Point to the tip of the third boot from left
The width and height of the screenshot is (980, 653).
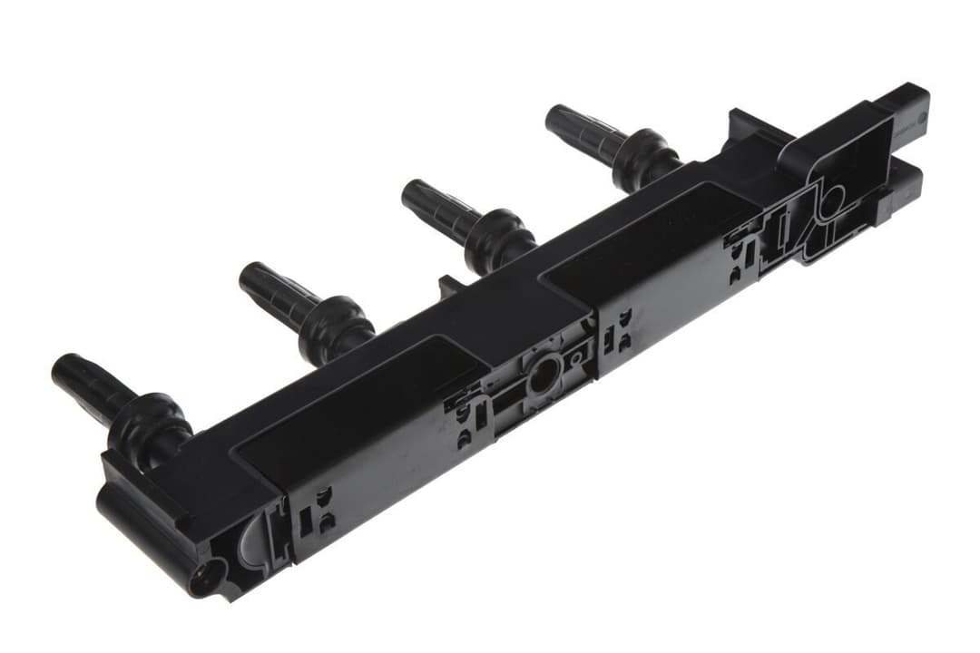412,191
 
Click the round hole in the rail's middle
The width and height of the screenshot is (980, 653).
544,377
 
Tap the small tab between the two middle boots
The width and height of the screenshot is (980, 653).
450,288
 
